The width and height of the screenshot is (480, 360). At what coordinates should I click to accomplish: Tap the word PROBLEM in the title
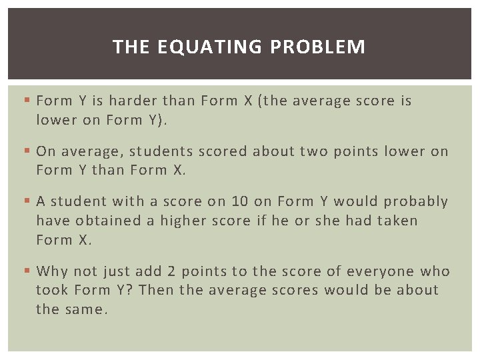[x=318, y=47]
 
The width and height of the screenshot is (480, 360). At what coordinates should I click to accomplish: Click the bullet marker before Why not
[x=26, y=271]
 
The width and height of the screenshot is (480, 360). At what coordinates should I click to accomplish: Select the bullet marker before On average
[x=26, y=151]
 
